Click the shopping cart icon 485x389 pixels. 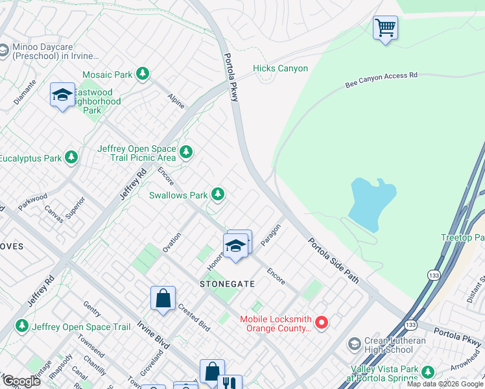385,28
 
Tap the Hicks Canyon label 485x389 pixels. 280,69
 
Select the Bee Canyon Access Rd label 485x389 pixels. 381,80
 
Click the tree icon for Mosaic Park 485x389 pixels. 143,75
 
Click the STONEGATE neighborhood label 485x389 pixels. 226,284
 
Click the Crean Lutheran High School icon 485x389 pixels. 354,343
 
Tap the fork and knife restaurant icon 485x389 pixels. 230,383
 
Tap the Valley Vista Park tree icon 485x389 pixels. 427,371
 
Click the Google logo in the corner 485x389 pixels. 21,381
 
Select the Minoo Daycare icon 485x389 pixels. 3,50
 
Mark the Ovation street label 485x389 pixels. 172,242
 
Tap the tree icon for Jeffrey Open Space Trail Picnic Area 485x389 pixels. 187,152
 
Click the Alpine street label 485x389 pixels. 176,100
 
